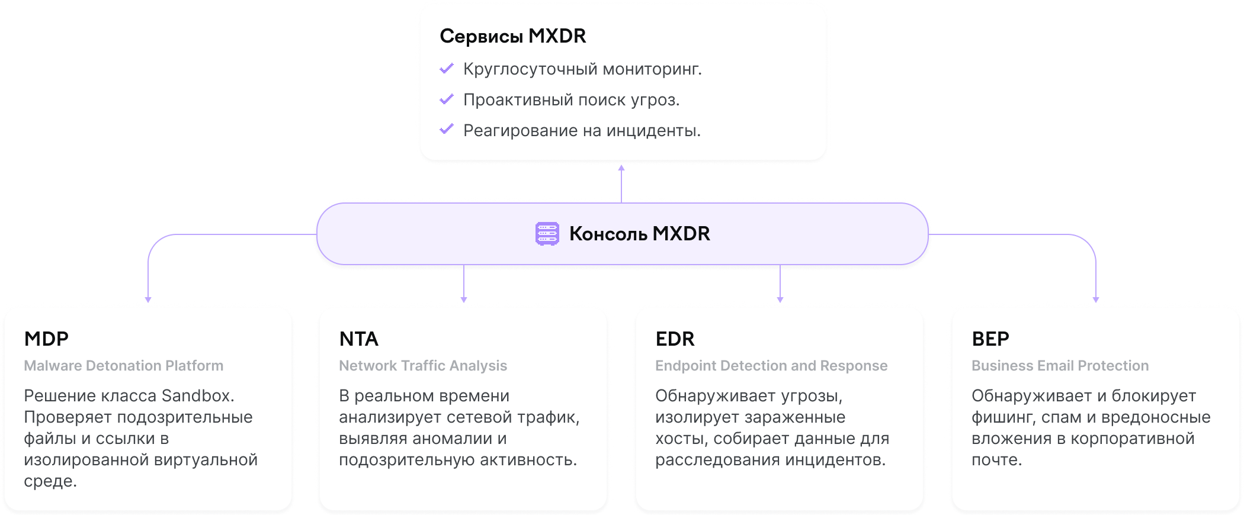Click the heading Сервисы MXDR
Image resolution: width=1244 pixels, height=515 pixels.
click(513, 36)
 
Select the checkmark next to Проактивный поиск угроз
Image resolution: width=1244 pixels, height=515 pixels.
click(447, 99)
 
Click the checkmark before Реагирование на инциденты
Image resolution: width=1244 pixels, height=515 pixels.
click(447, 129)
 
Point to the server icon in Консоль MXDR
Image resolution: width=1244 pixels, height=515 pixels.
click(547, 234)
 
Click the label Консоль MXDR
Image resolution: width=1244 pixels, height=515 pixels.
click(640, 234)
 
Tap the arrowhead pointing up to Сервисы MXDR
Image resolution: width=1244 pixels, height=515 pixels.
click(621, 168)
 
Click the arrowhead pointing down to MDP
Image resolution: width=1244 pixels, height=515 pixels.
click(148, 300)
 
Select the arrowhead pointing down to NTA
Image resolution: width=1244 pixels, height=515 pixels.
click(464, 300)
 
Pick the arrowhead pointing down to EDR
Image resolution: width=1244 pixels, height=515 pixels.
click(780, 300)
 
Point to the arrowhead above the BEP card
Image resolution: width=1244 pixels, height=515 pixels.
click(1096, 300)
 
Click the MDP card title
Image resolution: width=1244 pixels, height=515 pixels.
click(46, 339)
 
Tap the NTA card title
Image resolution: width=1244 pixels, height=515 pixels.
click(359, 339)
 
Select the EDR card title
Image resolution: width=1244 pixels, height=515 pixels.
click(675, 339)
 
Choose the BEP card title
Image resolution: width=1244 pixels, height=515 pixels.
click(990, 339)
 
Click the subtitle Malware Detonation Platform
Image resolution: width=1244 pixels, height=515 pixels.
click(124, 366)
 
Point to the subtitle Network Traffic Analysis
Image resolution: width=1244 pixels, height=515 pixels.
click(423, 366)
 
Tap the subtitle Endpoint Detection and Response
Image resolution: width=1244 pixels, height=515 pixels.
click(771, 366)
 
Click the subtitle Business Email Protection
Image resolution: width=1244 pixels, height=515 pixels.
click(1060, 366)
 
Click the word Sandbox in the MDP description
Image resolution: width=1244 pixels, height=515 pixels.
click(198, 395)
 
